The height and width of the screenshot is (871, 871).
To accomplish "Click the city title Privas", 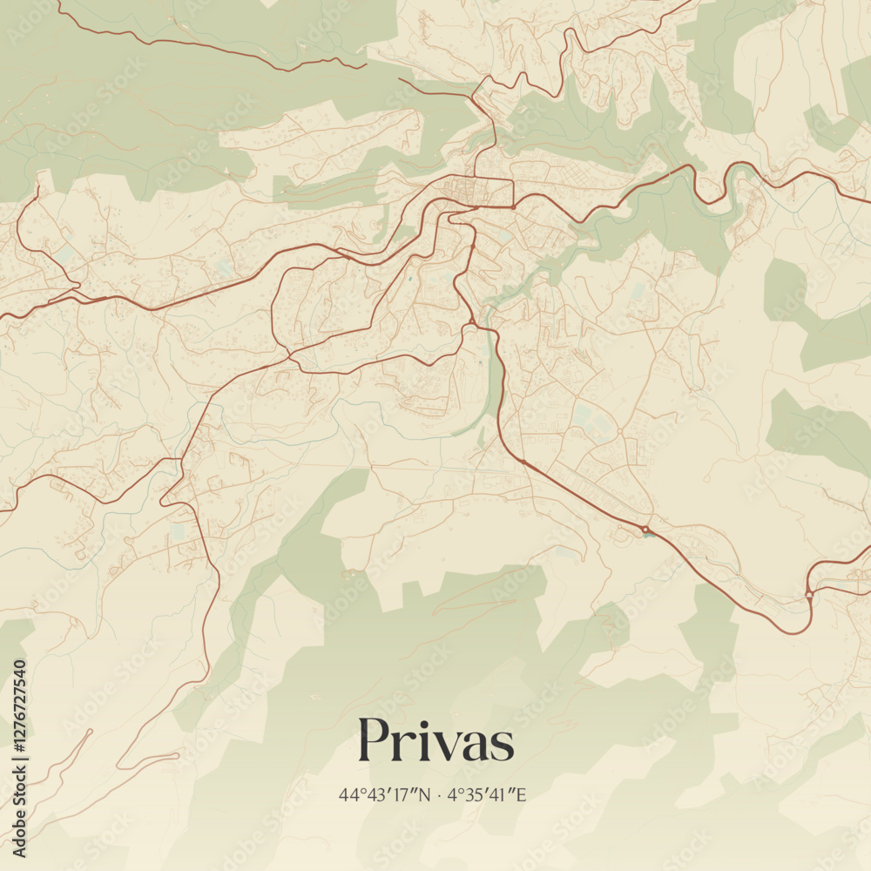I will [x=435, y=741].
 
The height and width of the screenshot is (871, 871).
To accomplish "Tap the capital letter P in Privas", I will [x=374, y=741].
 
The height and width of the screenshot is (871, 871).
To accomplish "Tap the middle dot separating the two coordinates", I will [x=441, y=794].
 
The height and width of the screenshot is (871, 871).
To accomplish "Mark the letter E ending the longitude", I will [x=523, y=794].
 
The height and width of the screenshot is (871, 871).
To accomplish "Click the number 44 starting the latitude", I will [x=348, y=794].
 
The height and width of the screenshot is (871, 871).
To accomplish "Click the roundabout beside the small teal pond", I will [x=645, y=529].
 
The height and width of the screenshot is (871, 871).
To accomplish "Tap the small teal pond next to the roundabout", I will [x=646, y=535].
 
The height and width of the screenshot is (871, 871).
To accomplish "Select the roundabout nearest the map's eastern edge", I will [x=809, y=594].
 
